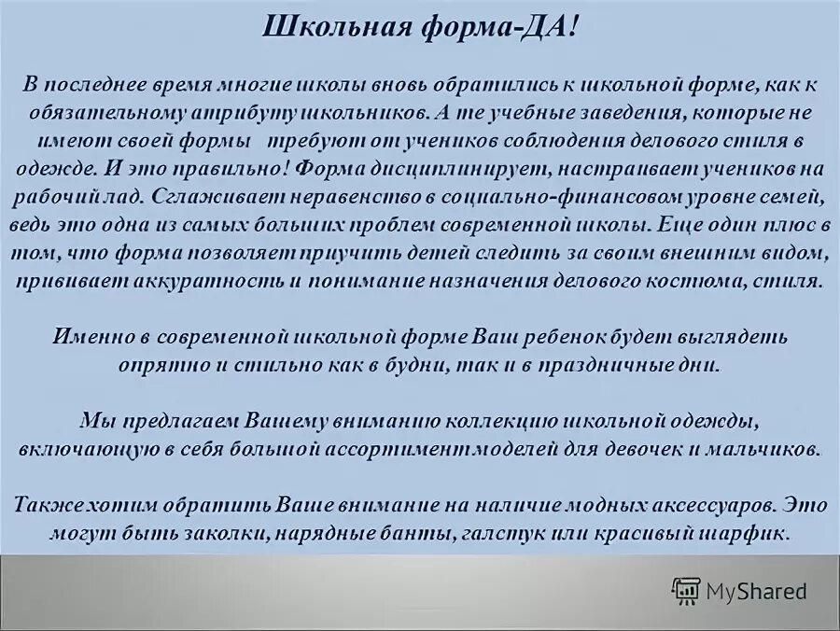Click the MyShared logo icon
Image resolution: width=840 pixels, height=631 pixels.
[x=686, y=591]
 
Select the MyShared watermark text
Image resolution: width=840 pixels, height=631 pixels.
[x=757, y=591]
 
